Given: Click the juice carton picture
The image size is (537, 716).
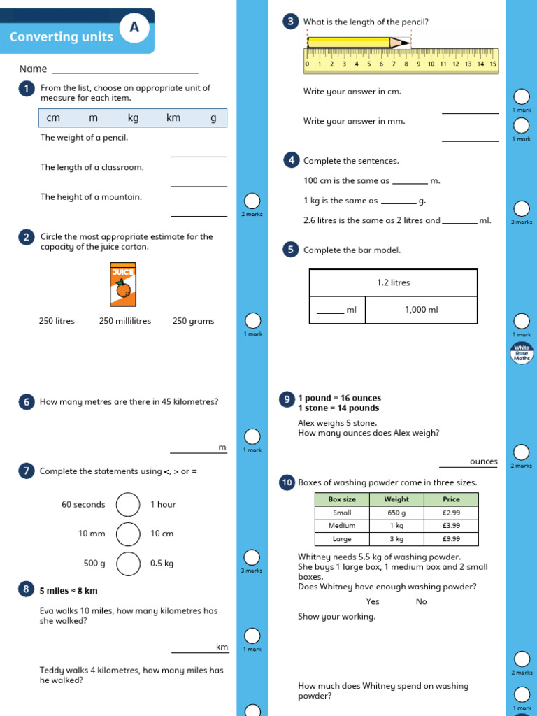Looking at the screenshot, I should (123, 285).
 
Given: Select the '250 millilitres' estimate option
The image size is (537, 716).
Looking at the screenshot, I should (125, 321).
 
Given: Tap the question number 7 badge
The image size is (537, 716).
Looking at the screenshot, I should (26, 471).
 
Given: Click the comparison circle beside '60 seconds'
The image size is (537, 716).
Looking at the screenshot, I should (128, 504).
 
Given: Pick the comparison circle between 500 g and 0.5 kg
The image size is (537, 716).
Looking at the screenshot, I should (128, 563).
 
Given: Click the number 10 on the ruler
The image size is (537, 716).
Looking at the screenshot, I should (431, 64).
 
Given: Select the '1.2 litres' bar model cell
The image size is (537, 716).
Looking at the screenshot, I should (393, 282).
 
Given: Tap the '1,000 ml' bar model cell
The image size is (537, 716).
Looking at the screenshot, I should (421, 309).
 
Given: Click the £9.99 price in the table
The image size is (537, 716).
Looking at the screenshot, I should (451, 539).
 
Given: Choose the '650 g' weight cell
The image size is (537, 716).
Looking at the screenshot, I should (396, 513).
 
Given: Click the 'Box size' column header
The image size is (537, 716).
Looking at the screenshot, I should (342, 499).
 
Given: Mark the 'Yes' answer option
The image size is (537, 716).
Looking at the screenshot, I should (373, 601).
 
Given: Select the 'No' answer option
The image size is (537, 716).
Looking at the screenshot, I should (421, 601).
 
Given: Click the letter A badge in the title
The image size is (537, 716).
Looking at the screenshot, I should (134, 27).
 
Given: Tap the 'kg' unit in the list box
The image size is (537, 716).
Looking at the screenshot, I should (133, 117).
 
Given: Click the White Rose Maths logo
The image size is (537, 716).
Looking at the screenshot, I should (522, 353).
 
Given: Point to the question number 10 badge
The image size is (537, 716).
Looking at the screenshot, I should (287, 482).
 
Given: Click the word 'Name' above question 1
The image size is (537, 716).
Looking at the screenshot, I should (34, 69).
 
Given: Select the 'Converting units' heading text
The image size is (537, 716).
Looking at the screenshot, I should (62, 37).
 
